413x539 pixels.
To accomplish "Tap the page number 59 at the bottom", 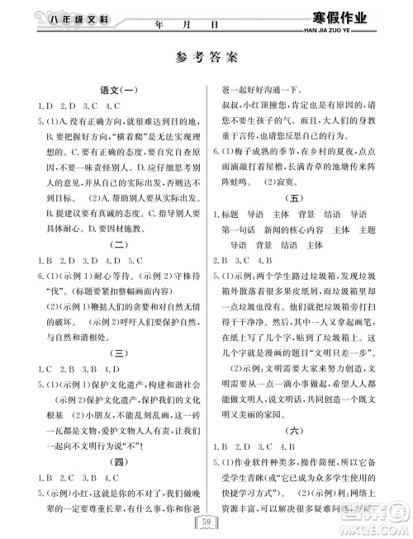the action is click(206, 519).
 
